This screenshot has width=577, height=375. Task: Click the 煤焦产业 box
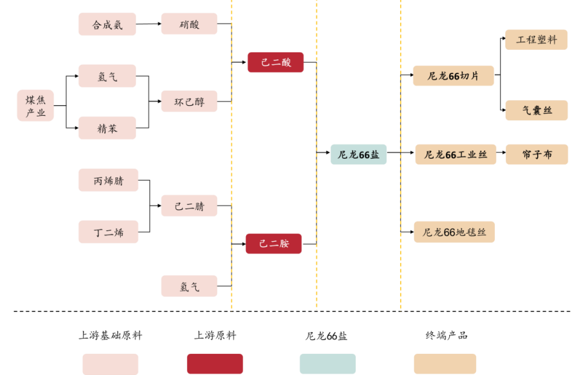point(36,105)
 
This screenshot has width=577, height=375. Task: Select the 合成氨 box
point(107,24)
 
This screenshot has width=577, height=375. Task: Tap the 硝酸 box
point(189,24)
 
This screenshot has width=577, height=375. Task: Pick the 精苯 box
point(107,128)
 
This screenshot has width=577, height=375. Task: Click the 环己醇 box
point(189,101)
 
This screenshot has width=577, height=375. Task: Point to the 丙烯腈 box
point(108,180)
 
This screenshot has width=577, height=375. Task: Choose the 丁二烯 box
point(108,232)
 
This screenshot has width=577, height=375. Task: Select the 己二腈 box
point(189,206)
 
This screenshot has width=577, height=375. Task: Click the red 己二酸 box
point(275,62)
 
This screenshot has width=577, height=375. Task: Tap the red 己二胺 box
point(274,243)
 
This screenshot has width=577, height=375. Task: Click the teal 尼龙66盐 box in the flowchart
point(358,154)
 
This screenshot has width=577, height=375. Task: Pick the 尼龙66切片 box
point(453,76)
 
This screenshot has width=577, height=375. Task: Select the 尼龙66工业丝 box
point(455,154)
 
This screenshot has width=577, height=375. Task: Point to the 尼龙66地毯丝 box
point(454,232)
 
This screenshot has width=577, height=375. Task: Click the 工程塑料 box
point(536,40)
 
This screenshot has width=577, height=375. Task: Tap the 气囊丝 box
point(536,110)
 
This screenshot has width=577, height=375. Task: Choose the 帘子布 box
point(536,154)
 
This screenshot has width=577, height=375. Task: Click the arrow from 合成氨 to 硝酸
point(148,24)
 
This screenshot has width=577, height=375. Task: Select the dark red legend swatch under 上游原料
point(215,364)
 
